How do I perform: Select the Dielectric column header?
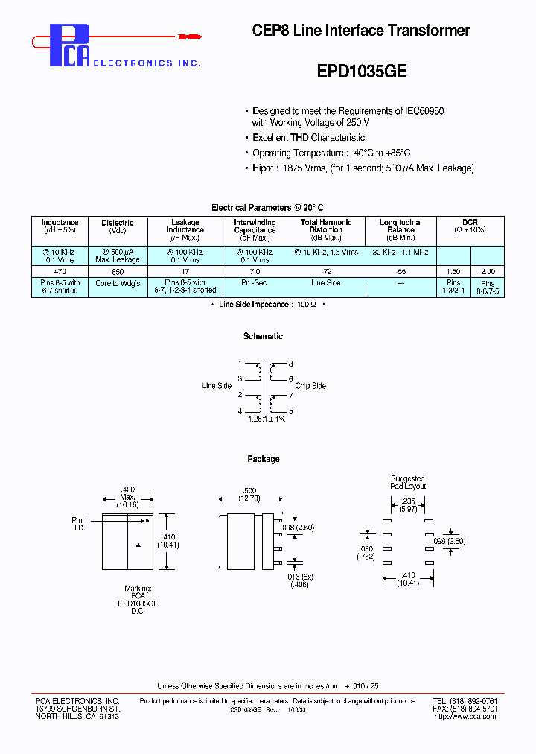(x=118, y=223)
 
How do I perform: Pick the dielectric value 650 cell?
(x=118, y=273)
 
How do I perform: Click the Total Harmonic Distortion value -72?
(x=325, y=273)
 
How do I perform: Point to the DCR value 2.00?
(x=488, y=273)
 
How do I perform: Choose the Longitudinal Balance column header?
(x=401, y=226)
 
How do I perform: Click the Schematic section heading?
(x=263, y=336)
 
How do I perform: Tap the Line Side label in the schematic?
(x=217, y=386)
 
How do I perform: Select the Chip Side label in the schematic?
(x=310, y=386)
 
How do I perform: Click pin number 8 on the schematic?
(x=290, y=364)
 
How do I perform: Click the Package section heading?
(x=263, y=459)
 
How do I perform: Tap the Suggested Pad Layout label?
(x=408, y=482)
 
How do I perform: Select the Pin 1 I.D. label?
(x=79, y=524)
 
